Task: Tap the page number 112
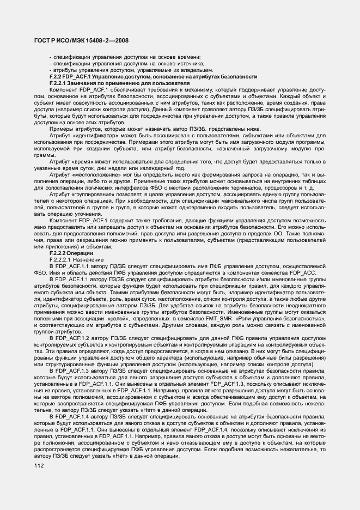(39, 466)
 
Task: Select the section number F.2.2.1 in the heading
(59, 83)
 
